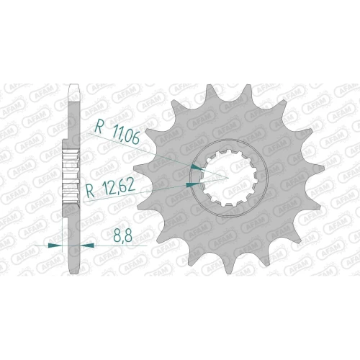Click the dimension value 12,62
pyautogui.click(x=118, y=186)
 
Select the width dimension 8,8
pyautogui.click(x=122, y=236)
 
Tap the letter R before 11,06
pyautogui.click(x=99, y=127)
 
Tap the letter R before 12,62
pyautogui.click(x=91, y=191)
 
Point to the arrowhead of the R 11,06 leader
pyautogui.click(x=197, y=167)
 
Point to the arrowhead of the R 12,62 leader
pyautogui.click(x=193, y=184)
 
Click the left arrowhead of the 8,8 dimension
pyautogui.click(x=55, y=246)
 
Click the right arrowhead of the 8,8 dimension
pyautogui.click(x=87, y=246)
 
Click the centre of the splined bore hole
pyautogui.click(x=230, y=179)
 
